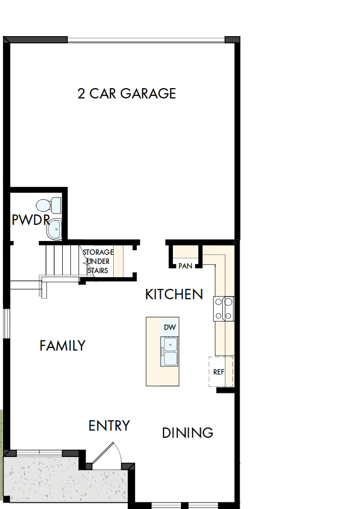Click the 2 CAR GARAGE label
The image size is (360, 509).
pyautogui.click(x=126, y=94)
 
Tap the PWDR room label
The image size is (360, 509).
pyautogui.click(x=30, y=220)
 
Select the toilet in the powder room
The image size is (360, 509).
pyautogui.click(x=49, y=205)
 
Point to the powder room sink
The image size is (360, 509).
pyautogui.click(x=54, y=229)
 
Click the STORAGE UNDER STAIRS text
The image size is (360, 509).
pyautogui.click(x=97, y=261)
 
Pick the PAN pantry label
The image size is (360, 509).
pyautogui.click(x=185, y=266)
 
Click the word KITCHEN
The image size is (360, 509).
pyautogui.click(x=174, y=294)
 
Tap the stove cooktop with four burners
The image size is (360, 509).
pyautogui.click(x=224, y=309)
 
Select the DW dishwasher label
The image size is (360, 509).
pyautogui.click(x=169, y=327)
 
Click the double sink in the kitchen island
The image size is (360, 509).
pyautogui.click(x=169, y=351)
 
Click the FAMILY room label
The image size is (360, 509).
pyautogui.click(x=62, y=346)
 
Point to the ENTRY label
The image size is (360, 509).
pyautogui.click(x=109, y=425)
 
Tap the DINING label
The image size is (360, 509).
pyautogui.click(x=187, y=433)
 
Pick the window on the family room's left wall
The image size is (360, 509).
pyautogui.click(x=6, y=323)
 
